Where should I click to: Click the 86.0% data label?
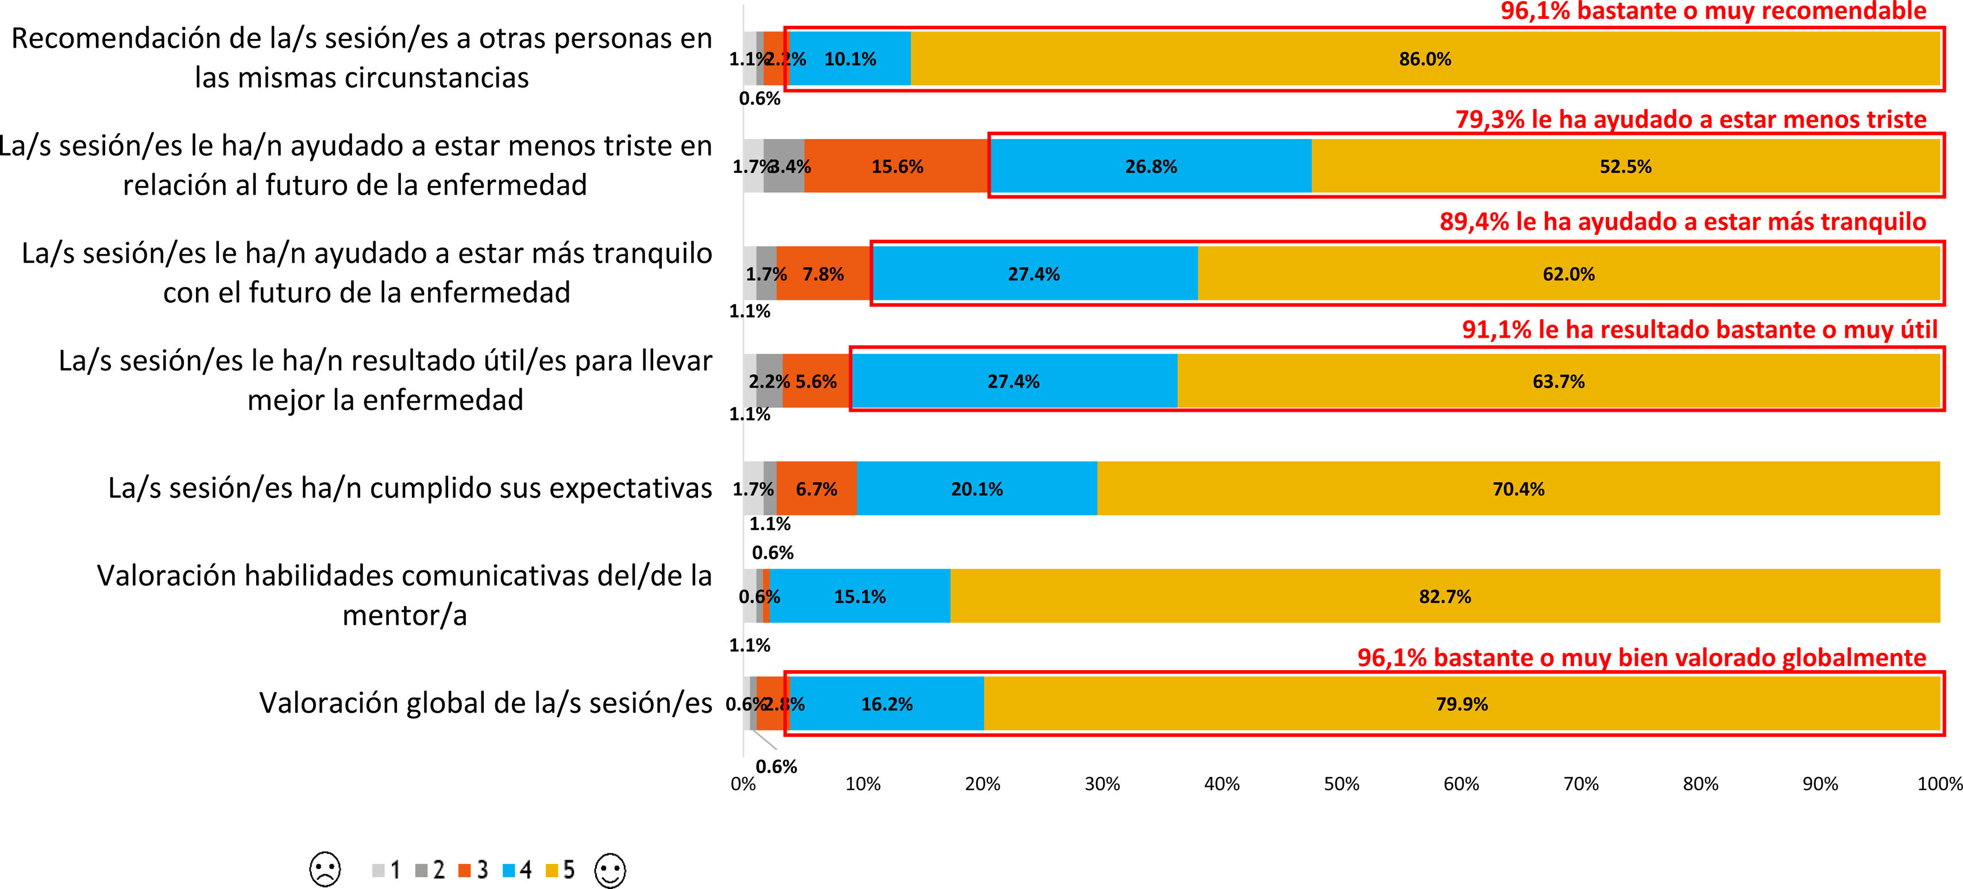point(1424,59)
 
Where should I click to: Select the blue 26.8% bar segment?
point(1151,166)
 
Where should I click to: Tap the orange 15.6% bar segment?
point(897,166)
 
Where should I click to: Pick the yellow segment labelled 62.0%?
point(1568,275)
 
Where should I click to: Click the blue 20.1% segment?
point(977,489)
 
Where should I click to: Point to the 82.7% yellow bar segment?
point(1445,597)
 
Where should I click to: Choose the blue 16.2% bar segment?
point(887,704)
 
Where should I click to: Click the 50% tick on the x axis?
point(1341,784)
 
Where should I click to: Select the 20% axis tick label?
point(982,784)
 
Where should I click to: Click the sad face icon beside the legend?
point(325,869)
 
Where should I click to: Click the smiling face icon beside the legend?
point(610,870)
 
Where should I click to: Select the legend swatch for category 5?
point(552,870)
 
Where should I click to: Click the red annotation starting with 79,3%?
point(1690,119)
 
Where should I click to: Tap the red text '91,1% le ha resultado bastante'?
point(1699,330)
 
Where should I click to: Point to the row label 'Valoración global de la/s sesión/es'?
point(485,703)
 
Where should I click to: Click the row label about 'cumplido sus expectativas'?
point(410,488)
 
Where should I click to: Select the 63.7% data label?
point(1559,382)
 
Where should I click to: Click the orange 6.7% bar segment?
point(816,489)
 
